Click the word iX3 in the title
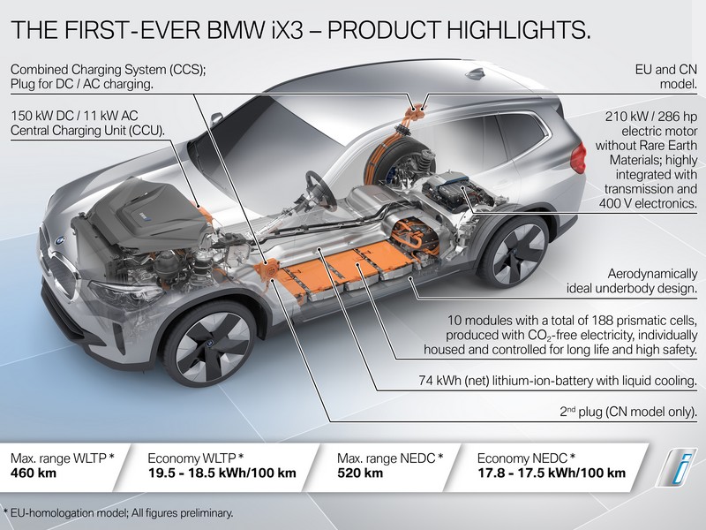pos(286,30)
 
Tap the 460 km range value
pos(34,473)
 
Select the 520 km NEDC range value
pos(360,473)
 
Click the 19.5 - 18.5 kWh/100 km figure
pos(222,473)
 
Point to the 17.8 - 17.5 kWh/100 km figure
pos(552,473)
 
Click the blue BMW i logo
pos(675,467)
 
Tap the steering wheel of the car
pos(320,190)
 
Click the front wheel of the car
pos(208,344)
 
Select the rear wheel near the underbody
pos(513,253)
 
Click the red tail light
pos(578,158)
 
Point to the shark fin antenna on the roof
pos(476,73)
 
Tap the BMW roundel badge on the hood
pos(60,240)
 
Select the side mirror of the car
pos(216,119)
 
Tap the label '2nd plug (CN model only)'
pos(628,412)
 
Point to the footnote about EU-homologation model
pos(118,513)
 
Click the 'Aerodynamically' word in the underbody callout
pos(652,274)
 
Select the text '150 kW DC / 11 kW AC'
pos(74,116)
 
